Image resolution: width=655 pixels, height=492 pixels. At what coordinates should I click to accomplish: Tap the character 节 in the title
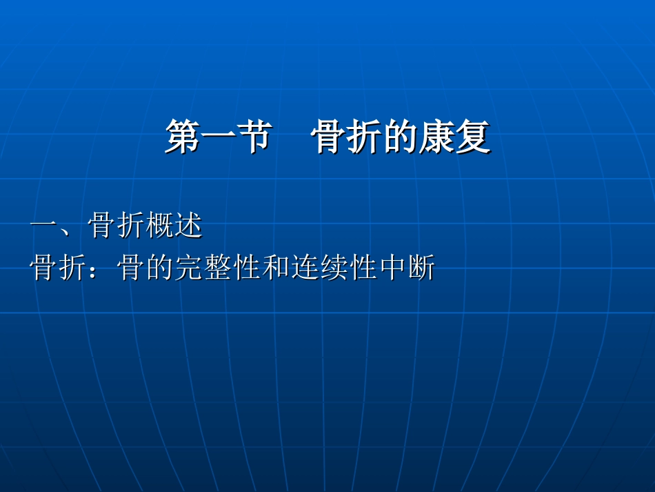pyautogui.click(x=250, y=137)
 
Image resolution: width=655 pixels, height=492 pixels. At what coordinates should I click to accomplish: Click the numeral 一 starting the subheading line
pyautogui.click(x=43, y=226)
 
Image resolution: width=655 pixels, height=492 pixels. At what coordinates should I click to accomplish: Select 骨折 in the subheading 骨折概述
pyautogui.click(x=117, y=226)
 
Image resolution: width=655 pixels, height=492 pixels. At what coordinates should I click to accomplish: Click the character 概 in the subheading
pyautogui.click(x=160, y=226)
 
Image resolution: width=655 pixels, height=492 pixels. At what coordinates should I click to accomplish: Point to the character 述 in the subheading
pyautogui.click(x=188, y=226)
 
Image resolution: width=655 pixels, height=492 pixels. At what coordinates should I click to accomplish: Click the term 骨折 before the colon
pyautogui.click(x=58, y=268)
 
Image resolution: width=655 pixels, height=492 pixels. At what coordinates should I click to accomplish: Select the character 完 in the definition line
pyautogui.click(x=189, y=268)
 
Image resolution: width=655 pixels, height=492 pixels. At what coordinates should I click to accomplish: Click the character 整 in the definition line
pyautogui.click(x=218, y=268)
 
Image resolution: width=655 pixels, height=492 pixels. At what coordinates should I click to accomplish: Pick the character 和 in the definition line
pyautogui.click(x=276, y=268)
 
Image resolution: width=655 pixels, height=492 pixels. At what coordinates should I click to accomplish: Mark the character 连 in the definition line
pyautogui.click(x=305, y=268)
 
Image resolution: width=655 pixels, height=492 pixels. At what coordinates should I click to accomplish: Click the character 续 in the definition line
pyautogui.click(x=334, y=268)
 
